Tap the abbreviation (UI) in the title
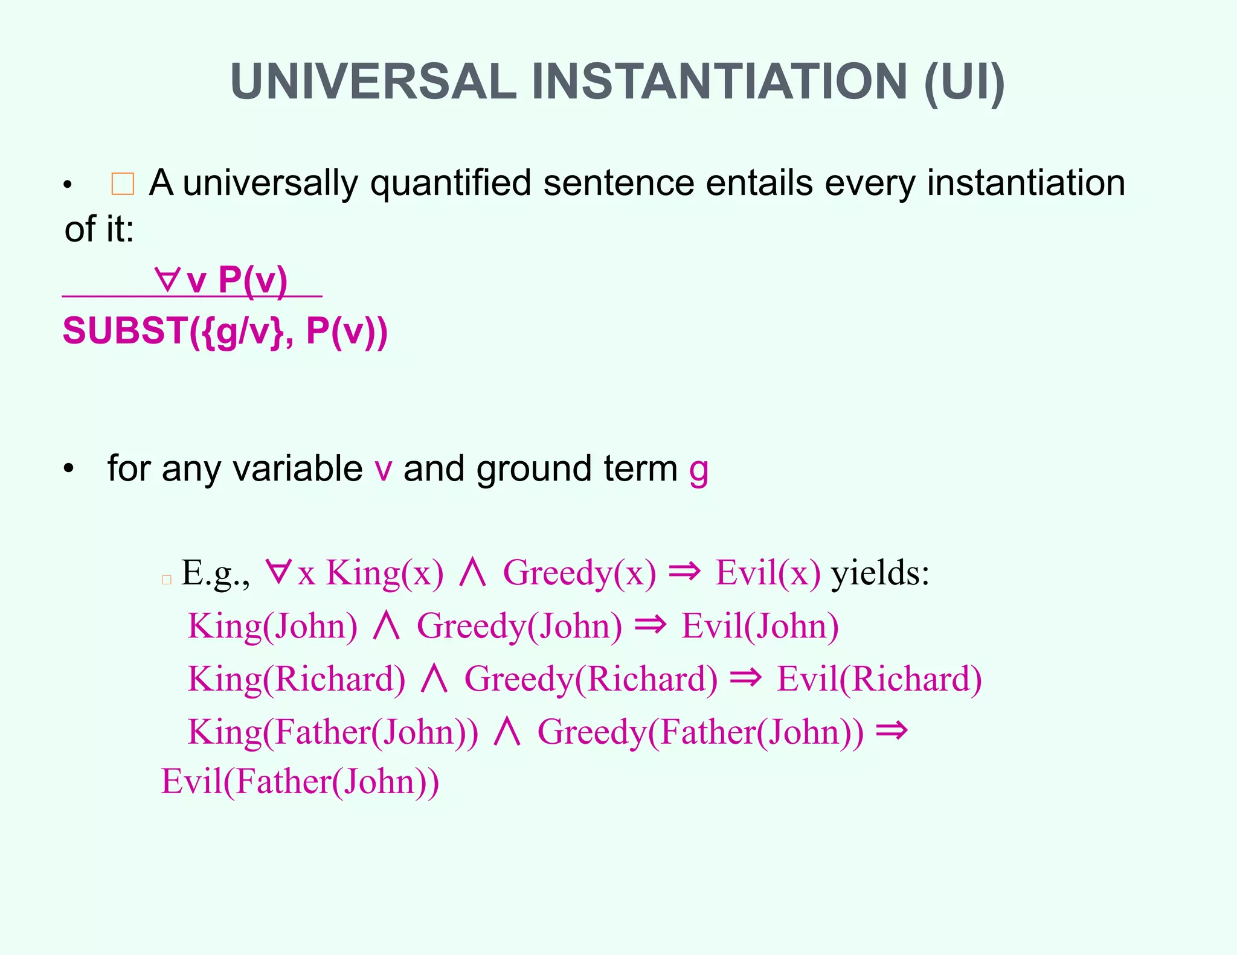click(964, 82)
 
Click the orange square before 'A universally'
click(123, 184)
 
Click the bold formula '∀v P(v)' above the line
click(221, 280)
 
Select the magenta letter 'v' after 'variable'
click(384, 470)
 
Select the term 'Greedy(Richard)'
click(591, 679)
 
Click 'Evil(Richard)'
click(879, 679)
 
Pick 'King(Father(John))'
click(333, 732)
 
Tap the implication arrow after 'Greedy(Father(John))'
click(892, 730)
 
